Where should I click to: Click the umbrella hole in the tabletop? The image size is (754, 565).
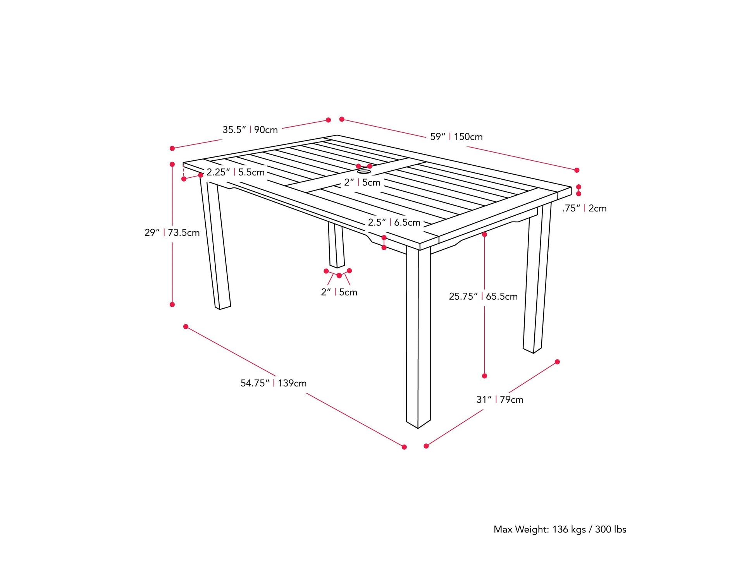(x=363, y=171)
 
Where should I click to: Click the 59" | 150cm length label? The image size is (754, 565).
(x=456, y=137)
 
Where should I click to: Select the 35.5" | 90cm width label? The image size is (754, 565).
(x=250, y=130)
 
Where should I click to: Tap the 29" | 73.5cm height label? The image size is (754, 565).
(x=172, y=233)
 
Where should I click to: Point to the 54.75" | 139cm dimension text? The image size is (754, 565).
(x=273, y=383)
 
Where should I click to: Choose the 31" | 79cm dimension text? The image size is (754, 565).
(x=499, y=400)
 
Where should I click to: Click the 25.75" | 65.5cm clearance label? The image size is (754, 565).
(x=483, y=297)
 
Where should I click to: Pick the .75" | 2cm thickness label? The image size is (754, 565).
(x=584, y=208)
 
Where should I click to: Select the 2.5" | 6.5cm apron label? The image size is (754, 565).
(x=394, y=223)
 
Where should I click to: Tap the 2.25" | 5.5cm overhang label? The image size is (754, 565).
(x=235, y=172)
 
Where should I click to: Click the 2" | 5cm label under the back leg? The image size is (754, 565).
(x=339, y=292)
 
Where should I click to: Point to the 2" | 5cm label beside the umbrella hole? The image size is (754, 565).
(x=362, y=182)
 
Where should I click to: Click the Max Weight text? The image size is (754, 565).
(x=559, y=529)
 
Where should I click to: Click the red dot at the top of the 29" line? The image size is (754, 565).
(x=172, y=164)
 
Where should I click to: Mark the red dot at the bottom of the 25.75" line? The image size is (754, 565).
(x=484, y=376)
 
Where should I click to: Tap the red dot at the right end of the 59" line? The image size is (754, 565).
(x=577, y=170)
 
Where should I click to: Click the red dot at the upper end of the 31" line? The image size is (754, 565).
(x=557, y=362)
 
